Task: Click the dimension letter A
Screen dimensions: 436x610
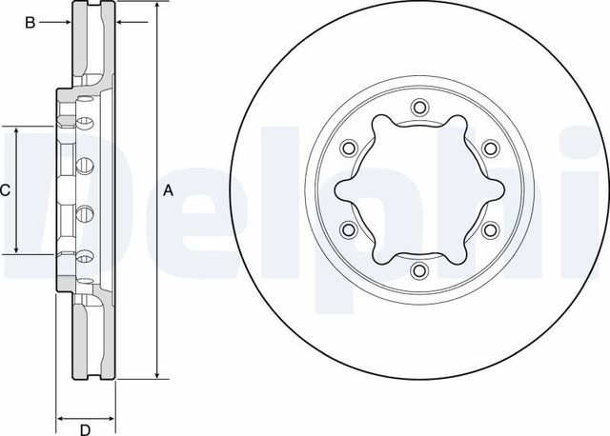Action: click(169, 190)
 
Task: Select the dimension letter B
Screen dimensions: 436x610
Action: click(30, 22)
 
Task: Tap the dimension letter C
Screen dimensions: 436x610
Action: click(6, 190)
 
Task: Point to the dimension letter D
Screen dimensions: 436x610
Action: click(85, 426)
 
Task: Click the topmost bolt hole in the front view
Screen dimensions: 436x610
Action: click(417, 108)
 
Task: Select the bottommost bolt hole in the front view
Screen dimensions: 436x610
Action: click(417, 270)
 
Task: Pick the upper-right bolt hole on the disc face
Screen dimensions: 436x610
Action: click(488, 148)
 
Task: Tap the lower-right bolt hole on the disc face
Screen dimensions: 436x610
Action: click(488, 229)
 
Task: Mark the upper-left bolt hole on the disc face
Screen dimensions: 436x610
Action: click(347, 148)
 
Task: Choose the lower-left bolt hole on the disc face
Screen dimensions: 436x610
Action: click(347, 229)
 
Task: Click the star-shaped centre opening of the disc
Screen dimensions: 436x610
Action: click(417, 188)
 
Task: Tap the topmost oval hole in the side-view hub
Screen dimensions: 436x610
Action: click(83, 123)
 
